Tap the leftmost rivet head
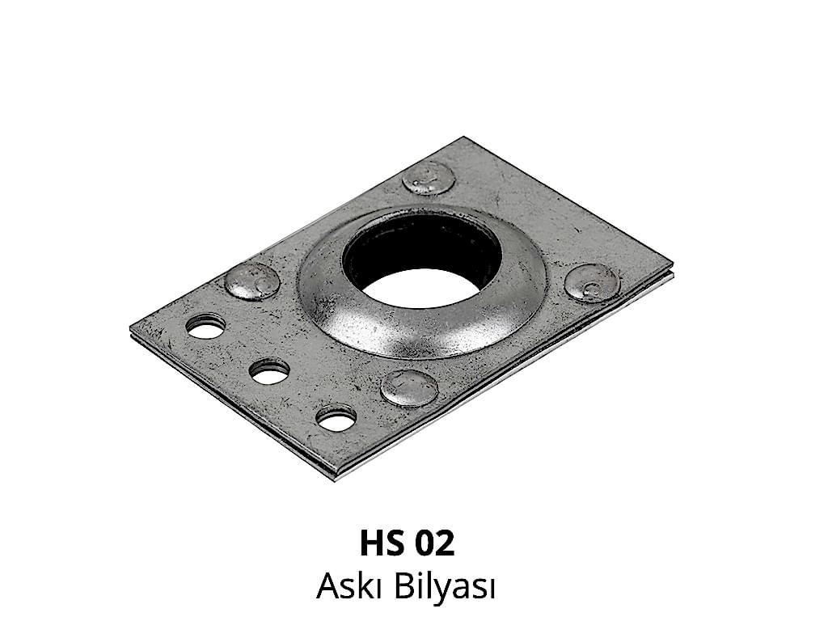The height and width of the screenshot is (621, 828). (252, 281)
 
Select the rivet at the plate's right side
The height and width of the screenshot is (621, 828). (591, 283)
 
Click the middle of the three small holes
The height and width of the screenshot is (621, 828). (269, 372)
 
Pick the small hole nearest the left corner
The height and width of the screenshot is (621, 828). (205, 326)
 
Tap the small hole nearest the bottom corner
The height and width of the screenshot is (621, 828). (336, 416)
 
